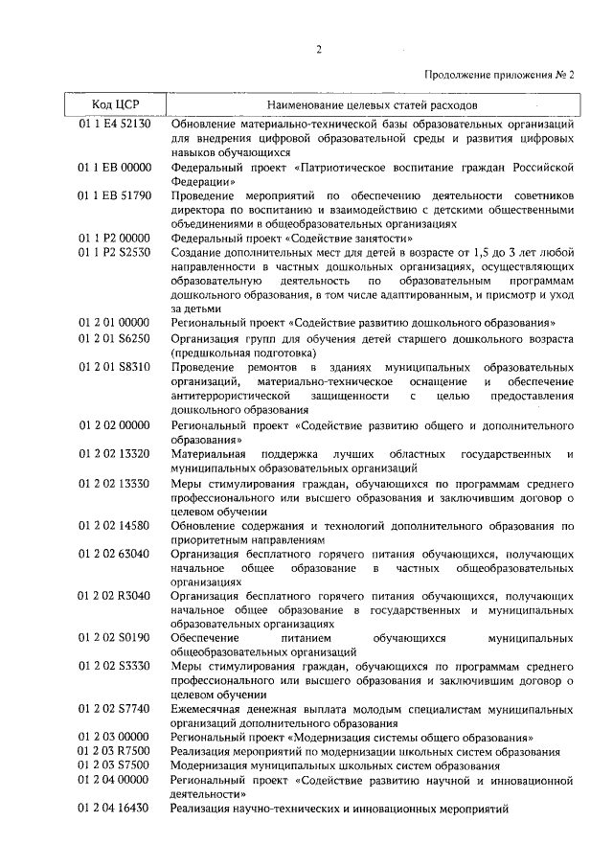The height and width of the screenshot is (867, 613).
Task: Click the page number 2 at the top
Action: (x=316, y=49)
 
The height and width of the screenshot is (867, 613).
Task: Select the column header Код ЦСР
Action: (x=113, y=104)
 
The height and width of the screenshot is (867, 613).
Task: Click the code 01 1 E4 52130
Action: (x=114, y=125)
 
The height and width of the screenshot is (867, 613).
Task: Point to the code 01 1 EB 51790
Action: (x=114, y=195)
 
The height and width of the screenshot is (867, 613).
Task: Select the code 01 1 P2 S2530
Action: (x=114, y=252)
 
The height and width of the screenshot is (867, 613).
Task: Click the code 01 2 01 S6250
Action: (x=114, y=338)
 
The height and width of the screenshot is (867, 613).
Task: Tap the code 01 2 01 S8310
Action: (x=114, y=368)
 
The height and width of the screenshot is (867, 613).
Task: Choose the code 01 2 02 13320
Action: (x=114, y=454)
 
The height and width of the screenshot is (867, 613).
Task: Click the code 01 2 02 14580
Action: (x=114, y=526)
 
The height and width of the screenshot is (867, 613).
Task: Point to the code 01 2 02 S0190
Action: (x=114, y=636)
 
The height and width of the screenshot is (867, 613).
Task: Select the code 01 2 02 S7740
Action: (x=114, y=708)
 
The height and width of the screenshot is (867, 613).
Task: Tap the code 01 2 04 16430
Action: (x=114, y=809)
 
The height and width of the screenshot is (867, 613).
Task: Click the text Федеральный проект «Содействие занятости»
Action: (x=292, y=238)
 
